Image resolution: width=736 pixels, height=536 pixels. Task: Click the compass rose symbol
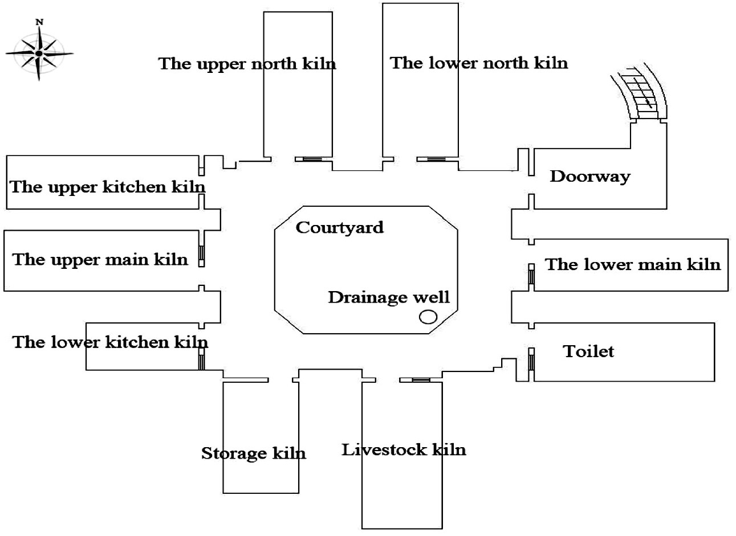[39, 54]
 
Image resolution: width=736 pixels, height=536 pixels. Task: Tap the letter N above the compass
[39, 22]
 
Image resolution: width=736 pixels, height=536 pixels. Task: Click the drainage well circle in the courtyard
[428, 317]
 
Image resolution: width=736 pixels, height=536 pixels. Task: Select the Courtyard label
[339, 228]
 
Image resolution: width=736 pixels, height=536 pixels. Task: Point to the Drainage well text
[388, 297]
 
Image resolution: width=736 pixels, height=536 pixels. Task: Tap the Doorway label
[589, 176]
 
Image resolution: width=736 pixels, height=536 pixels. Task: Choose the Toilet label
[588, 351]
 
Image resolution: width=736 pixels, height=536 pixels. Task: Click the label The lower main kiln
[633, 264]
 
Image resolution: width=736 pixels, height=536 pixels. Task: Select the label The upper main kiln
[100, 260]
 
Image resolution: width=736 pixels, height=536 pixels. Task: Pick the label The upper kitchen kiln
[107, 187]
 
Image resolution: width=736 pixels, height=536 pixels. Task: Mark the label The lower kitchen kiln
[110, 342]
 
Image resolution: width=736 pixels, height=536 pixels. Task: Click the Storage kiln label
[253, 453]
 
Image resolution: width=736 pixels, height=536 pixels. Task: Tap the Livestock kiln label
[404, 450]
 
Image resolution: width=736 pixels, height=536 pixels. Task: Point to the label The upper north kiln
[247, 63]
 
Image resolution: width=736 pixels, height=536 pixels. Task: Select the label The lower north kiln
[479, 63]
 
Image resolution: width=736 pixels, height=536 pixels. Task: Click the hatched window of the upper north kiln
[312, 159]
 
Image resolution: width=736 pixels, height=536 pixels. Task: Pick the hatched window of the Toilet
[531, 361]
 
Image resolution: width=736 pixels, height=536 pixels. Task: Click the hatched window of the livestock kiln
[421, 380]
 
